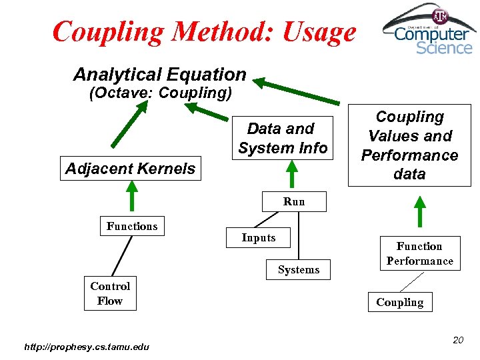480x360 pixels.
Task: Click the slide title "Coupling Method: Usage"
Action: (204, 31)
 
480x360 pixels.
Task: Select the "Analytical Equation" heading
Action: (160, 75)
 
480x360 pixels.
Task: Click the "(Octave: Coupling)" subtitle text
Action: (160, 93)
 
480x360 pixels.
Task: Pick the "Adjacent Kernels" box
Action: (131, 169)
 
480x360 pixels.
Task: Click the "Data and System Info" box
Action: (283, 138)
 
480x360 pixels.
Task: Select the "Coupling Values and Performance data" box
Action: (409, 145)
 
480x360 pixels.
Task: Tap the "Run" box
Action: (294, 201)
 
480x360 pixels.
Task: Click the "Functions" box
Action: (132, 226)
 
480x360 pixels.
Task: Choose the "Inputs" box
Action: (259, 238)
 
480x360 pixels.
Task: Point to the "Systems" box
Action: (299, 269)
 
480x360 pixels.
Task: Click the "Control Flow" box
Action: (110, 293)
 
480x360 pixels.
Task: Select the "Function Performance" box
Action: (419, 253)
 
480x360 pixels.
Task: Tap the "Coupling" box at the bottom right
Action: (399, 302)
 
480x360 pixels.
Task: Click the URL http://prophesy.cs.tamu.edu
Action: (87, 346)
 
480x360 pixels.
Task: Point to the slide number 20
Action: (457, 340)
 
